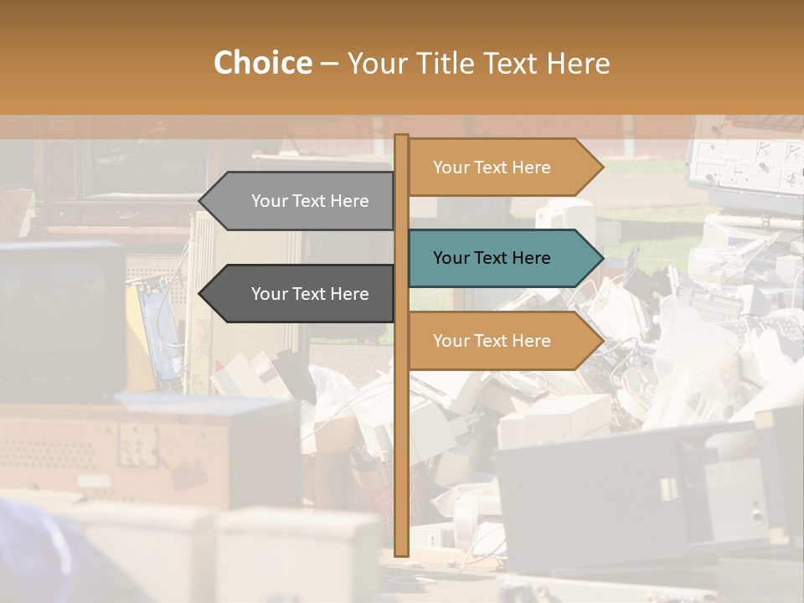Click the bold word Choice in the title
coord(262,64)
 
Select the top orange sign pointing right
coord(494,167)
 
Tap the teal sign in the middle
coord(494,258)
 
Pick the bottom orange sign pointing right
coord(494,341)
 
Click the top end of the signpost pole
coord(401,137)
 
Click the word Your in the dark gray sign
coord(269,294)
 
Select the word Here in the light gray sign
coord(350,201)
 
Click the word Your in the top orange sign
coord(451,167)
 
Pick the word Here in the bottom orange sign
coord(532,341)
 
